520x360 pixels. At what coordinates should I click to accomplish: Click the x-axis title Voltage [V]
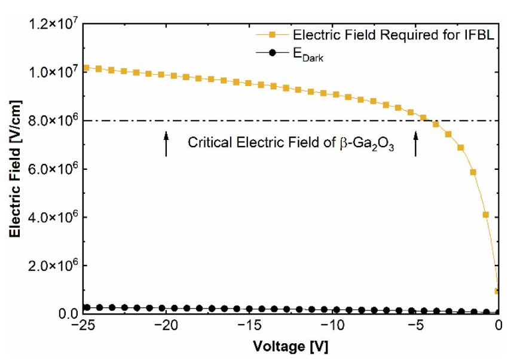coord(290,346)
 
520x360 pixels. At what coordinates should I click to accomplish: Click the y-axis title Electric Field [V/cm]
coord(15,169)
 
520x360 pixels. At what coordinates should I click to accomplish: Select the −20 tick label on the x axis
coord(166,325)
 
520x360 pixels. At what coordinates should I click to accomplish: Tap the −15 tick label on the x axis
coord(249,325)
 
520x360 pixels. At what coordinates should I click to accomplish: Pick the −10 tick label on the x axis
coord(332,325)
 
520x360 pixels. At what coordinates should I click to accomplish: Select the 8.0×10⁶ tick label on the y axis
coord(54,120)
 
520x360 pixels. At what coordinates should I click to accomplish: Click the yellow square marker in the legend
coord(273,35)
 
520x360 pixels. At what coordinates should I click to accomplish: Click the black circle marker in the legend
coord(273,53)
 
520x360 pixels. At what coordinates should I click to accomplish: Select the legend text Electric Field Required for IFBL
coord(394,35)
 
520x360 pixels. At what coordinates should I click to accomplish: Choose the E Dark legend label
coord(308,55)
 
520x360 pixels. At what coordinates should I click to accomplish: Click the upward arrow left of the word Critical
coord(166,144)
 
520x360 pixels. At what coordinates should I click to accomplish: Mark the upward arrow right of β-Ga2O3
coord(415,144)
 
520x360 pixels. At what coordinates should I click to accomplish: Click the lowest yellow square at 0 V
coord(497,291)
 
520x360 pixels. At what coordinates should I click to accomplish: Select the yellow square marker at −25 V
coord(86,68)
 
